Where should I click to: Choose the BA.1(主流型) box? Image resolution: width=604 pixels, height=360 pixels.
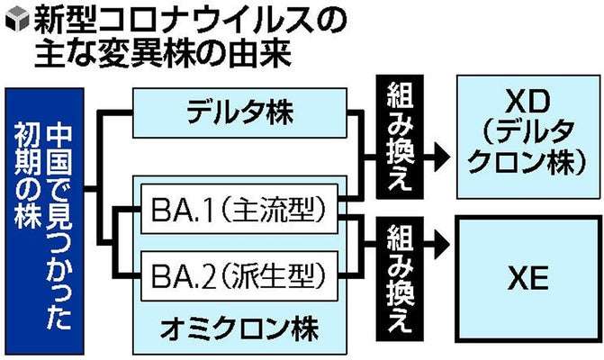tap(239, 212)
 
